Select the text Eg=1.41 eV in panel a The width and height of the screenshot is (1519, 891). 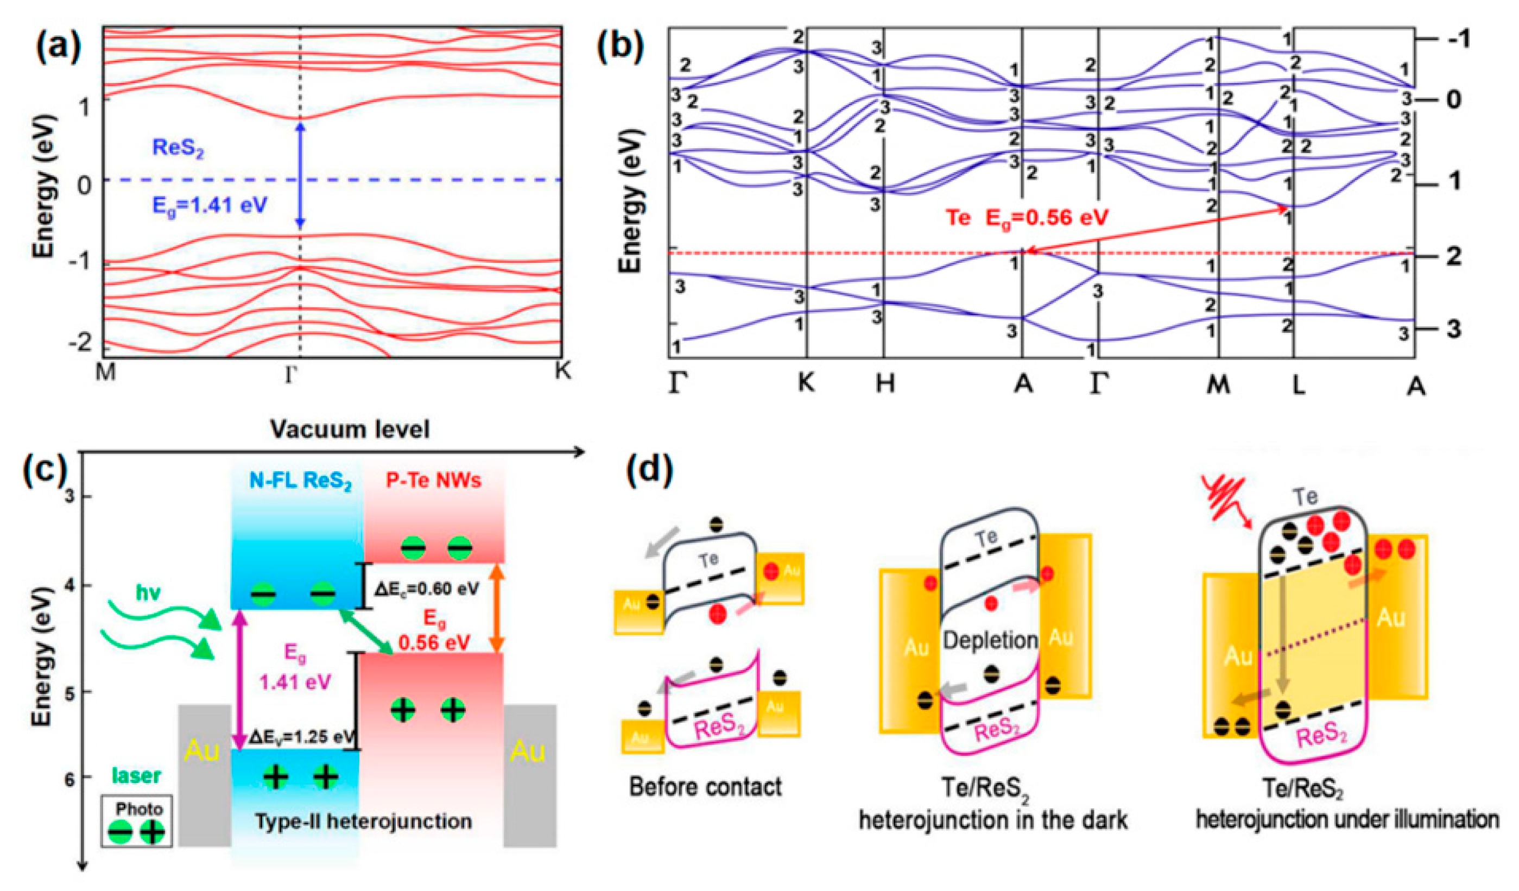click(209, 206)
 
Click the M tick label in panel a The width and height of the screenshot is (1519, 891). click(105, 372)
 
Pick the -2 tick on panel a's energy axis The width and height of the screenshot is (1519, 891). click(80, 343)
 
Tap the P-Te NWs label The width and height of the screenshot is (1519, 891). click(433, 480)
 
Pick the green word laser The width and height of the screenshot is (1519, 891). click(136, 776)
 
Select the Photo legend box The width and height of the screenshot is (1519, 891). click(137, 822)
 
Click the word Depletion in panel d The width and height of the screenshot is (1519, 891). click(990, 640)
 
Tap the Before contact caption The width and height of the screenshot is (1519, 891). click(705, 787)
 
